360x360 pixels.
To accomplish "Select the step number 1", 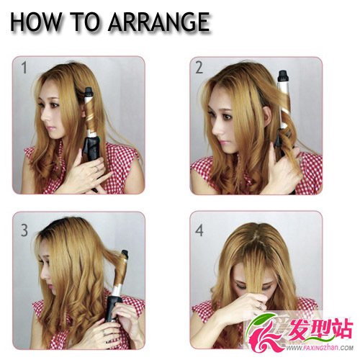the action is pyautogui.click(x=24, y=68).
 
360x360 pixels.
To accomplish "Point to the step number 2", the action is pyautogui.click(x=199, y=68).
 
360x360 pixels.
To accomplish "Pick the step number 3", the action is pyautogui.click(x=24, y=230).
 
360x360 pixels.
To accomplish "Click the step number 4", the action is pyautogui.click(x=199, y=230).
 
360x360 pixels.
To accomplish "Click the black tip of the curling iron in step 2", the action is pyautogui.click(x=283, y=76).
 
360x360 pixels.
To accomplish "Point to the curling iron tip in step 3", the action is pyautogui.click(x=125, y=254).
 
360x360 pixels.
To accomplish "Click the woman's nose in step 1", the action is pyautogui.click(x=44, y=117).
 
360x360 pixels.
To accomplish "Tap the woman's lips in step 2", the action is pyautogui.click(x=222, y=142).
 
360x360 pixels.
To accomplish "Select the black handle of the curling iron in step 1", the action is pyautogui.click(x=91, y=150).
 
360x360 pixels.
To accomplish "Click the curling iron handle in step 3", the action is pyautogui.click(x=113, y=310).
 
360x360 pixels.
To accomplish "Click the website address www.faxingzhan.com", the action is pyautogui.click(x=320, y=348).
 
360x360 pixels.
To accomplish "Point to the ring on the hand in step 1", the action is pyautogui.click(x=96, y=168).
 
